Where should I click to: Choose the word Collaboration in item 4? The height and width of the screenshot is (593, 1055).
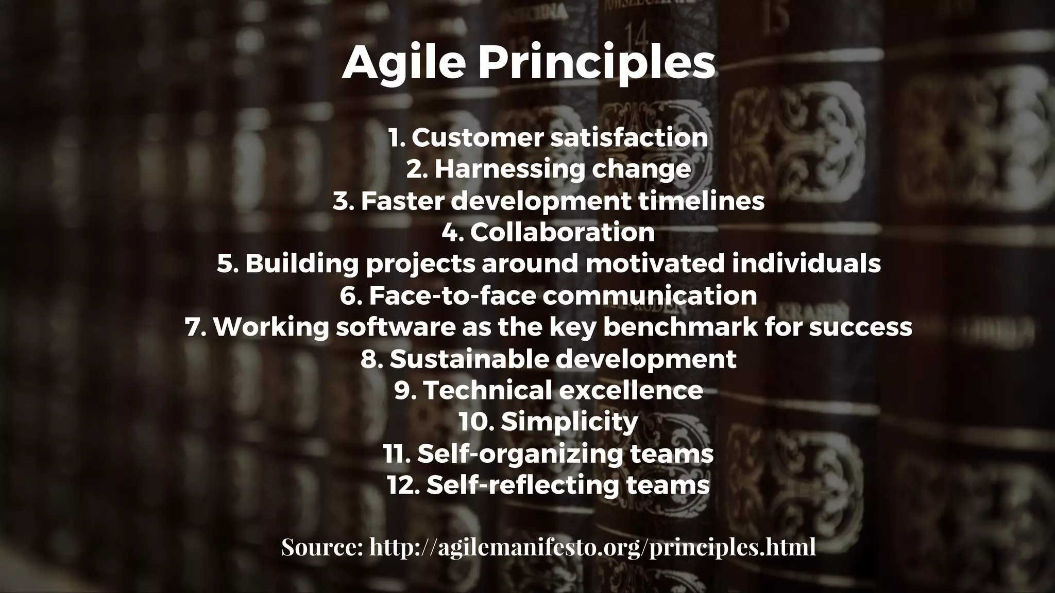click(562, 232)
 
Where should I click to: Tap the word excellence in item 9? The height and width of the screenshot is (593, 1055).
click(631, 390)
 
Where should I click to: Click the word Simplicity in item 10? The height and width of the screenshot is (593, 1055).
click(569, 422)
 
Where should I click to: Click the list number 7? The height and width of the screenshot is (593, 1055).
click(195, 327)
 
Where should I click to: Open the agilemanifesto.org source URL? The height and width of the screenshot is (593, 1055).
click(592, 548)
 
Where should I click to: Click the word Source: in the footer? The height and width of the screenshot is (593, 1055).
click(322, 547)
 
